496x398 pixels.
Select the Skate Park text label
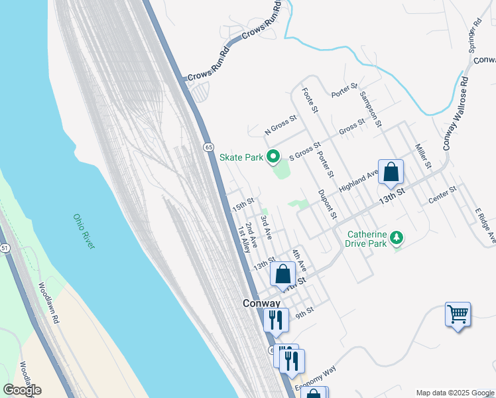point(241,158)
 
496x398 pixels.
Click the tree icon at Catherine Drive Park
point(397,237)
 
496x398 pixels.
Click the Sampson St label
point(370,109)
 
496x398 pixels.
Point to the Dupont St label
point(327,205)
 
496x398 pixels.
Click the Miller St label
point(422,155)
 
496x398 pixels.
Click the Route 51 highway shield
point(5,247)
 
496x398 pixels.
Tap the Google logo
point(22,389)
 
